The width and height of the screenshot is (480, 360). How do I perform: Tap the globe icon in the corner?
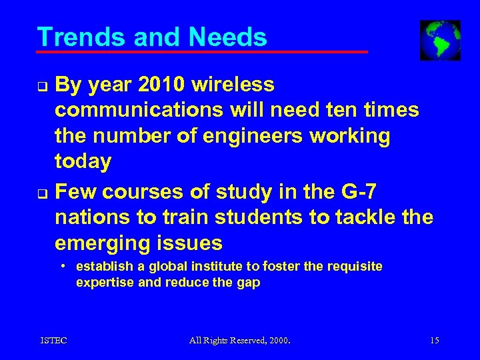point(440,40)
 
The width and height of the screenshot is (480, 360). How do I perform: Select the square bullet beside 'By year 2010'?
point(41,85)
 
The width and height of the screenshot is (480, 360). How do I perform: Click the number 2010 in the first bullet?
point(159,85)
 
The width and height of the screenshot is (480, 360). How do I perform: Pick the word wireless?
point(233,85)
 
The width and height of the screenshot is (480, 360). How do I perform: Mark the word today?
point(83,161)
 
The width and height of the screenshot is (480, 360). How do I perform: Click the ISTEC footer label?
point(53,341)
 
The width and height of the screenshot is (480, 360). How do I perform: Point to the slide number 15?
point(435,341)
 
